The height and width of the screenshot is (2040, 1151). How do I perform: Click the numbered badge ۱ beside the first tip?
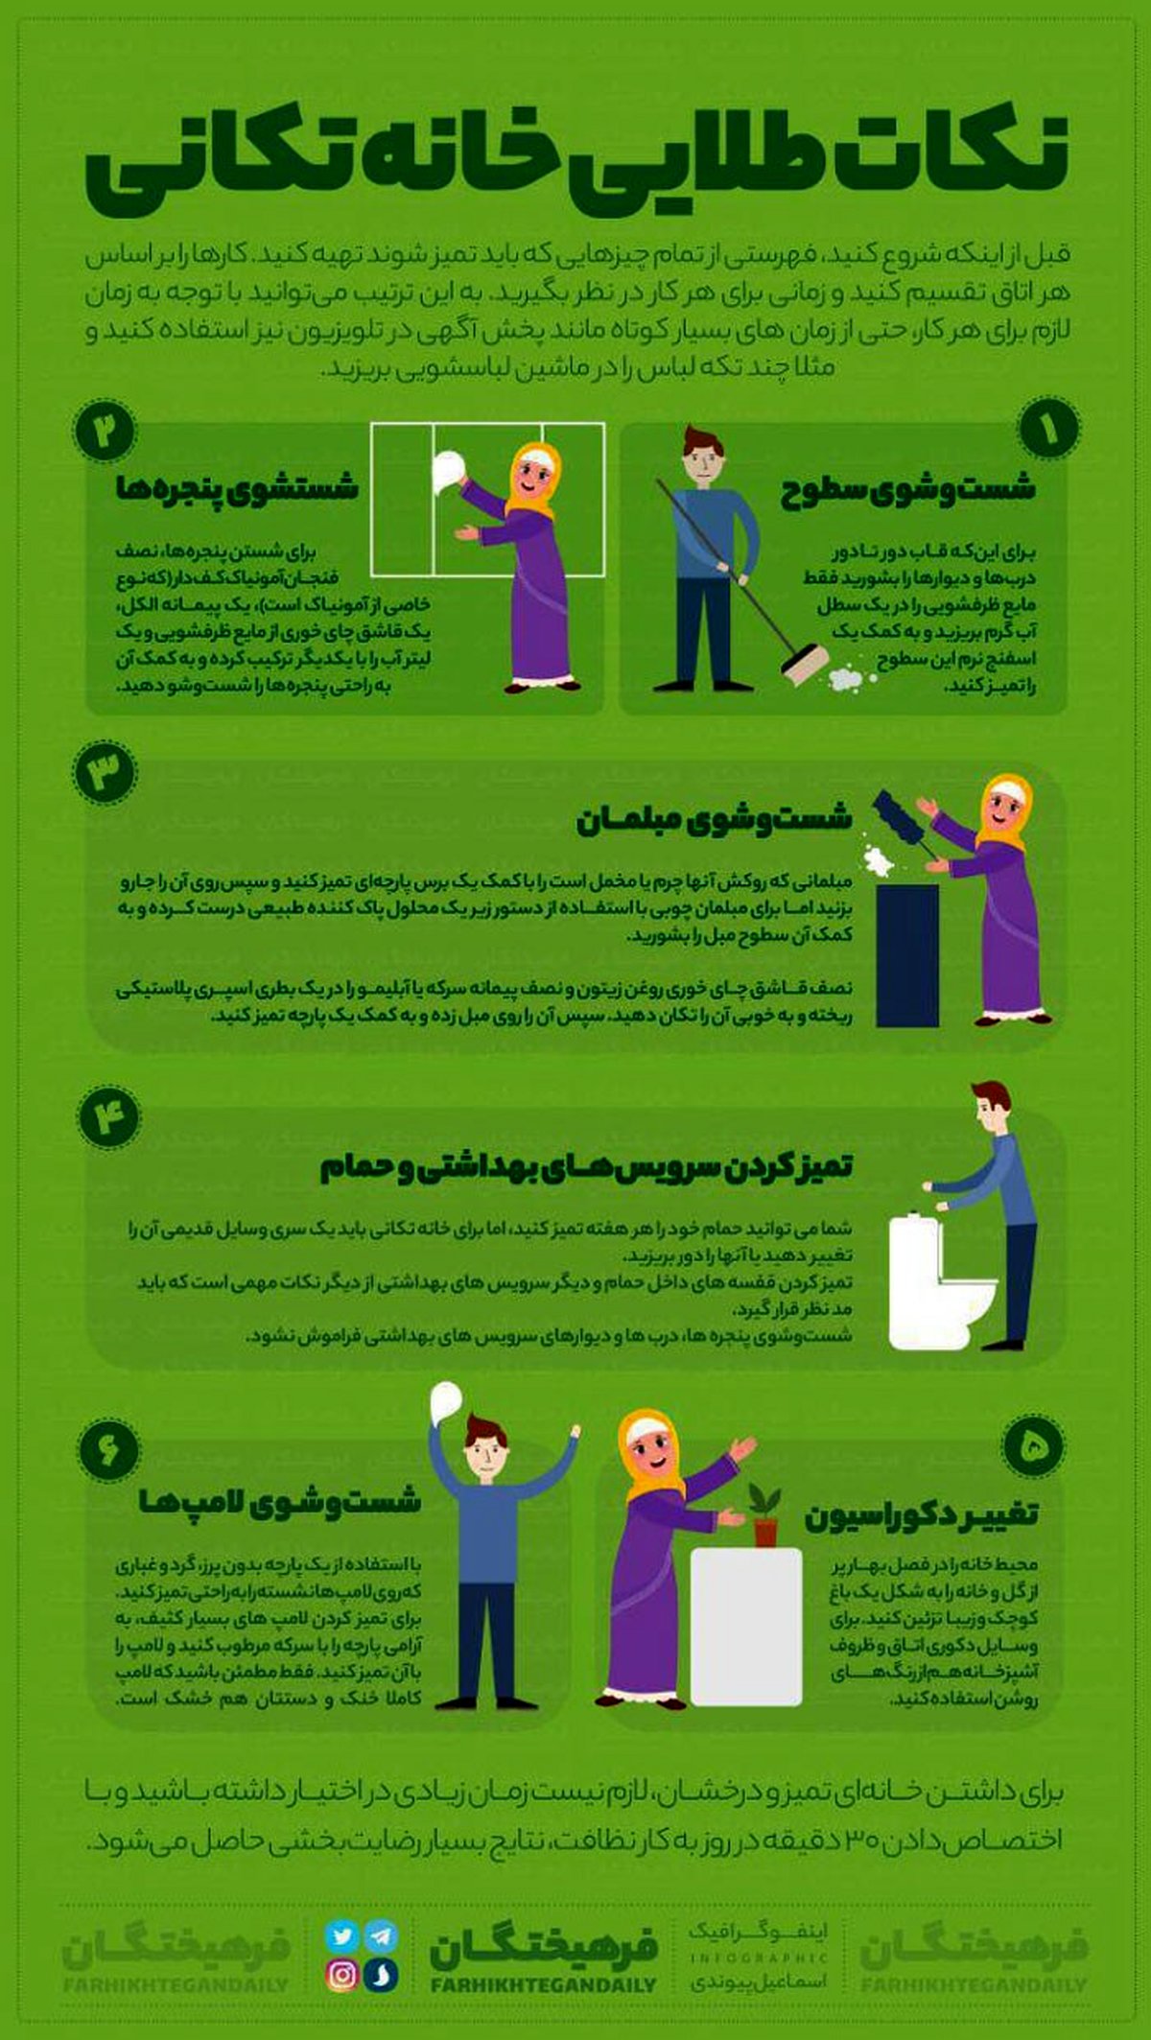(x=1048, y=429)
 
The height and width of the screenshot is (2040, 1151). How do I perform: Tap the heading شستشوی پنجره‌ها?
(x=237, y=488)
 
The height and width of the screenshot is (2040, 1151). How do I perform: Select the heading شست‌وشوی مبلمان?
(x=714, y=821)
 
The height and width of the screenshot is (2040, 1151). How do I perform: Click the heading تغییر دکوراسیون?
(x=921, y=1515)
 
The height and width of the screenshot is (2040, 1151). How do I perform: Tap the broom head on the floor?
(x=804, y=666)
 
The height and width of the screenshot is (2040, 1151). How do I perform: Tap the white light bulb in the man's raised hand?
(x=446, y=1403)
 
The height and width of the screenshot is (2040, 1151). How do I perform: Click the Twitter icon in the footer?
(x=341, y=1935)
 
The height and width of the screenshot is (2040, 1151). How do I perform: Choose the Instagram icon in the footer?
(x=342, y=1974)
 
